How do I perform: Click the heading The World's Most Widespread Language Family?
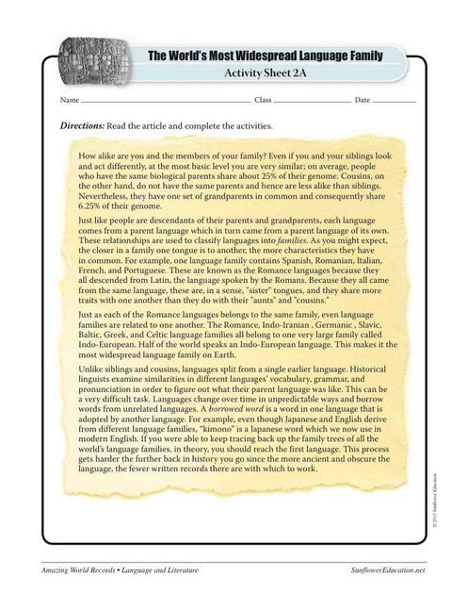point(265,57)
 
